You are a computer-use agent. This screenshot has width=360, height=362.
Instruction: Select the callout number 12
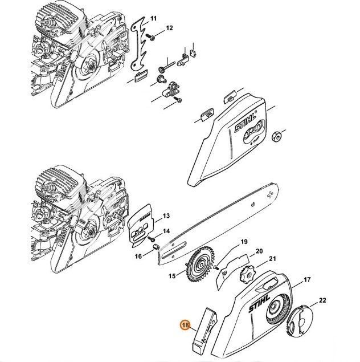(x=169, y=29)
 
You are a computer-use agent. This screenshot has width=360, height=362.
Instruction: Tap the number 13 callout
(x=166, y=216)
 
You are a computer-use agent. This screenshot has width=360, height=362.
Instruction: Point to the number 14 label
(x=166, y=231)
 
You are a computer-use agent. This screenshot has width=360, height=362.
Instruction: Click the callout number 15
(x=171, y=276)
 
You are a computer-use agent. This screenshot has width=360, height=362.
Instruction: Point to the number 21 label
(x=272, y=259)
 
